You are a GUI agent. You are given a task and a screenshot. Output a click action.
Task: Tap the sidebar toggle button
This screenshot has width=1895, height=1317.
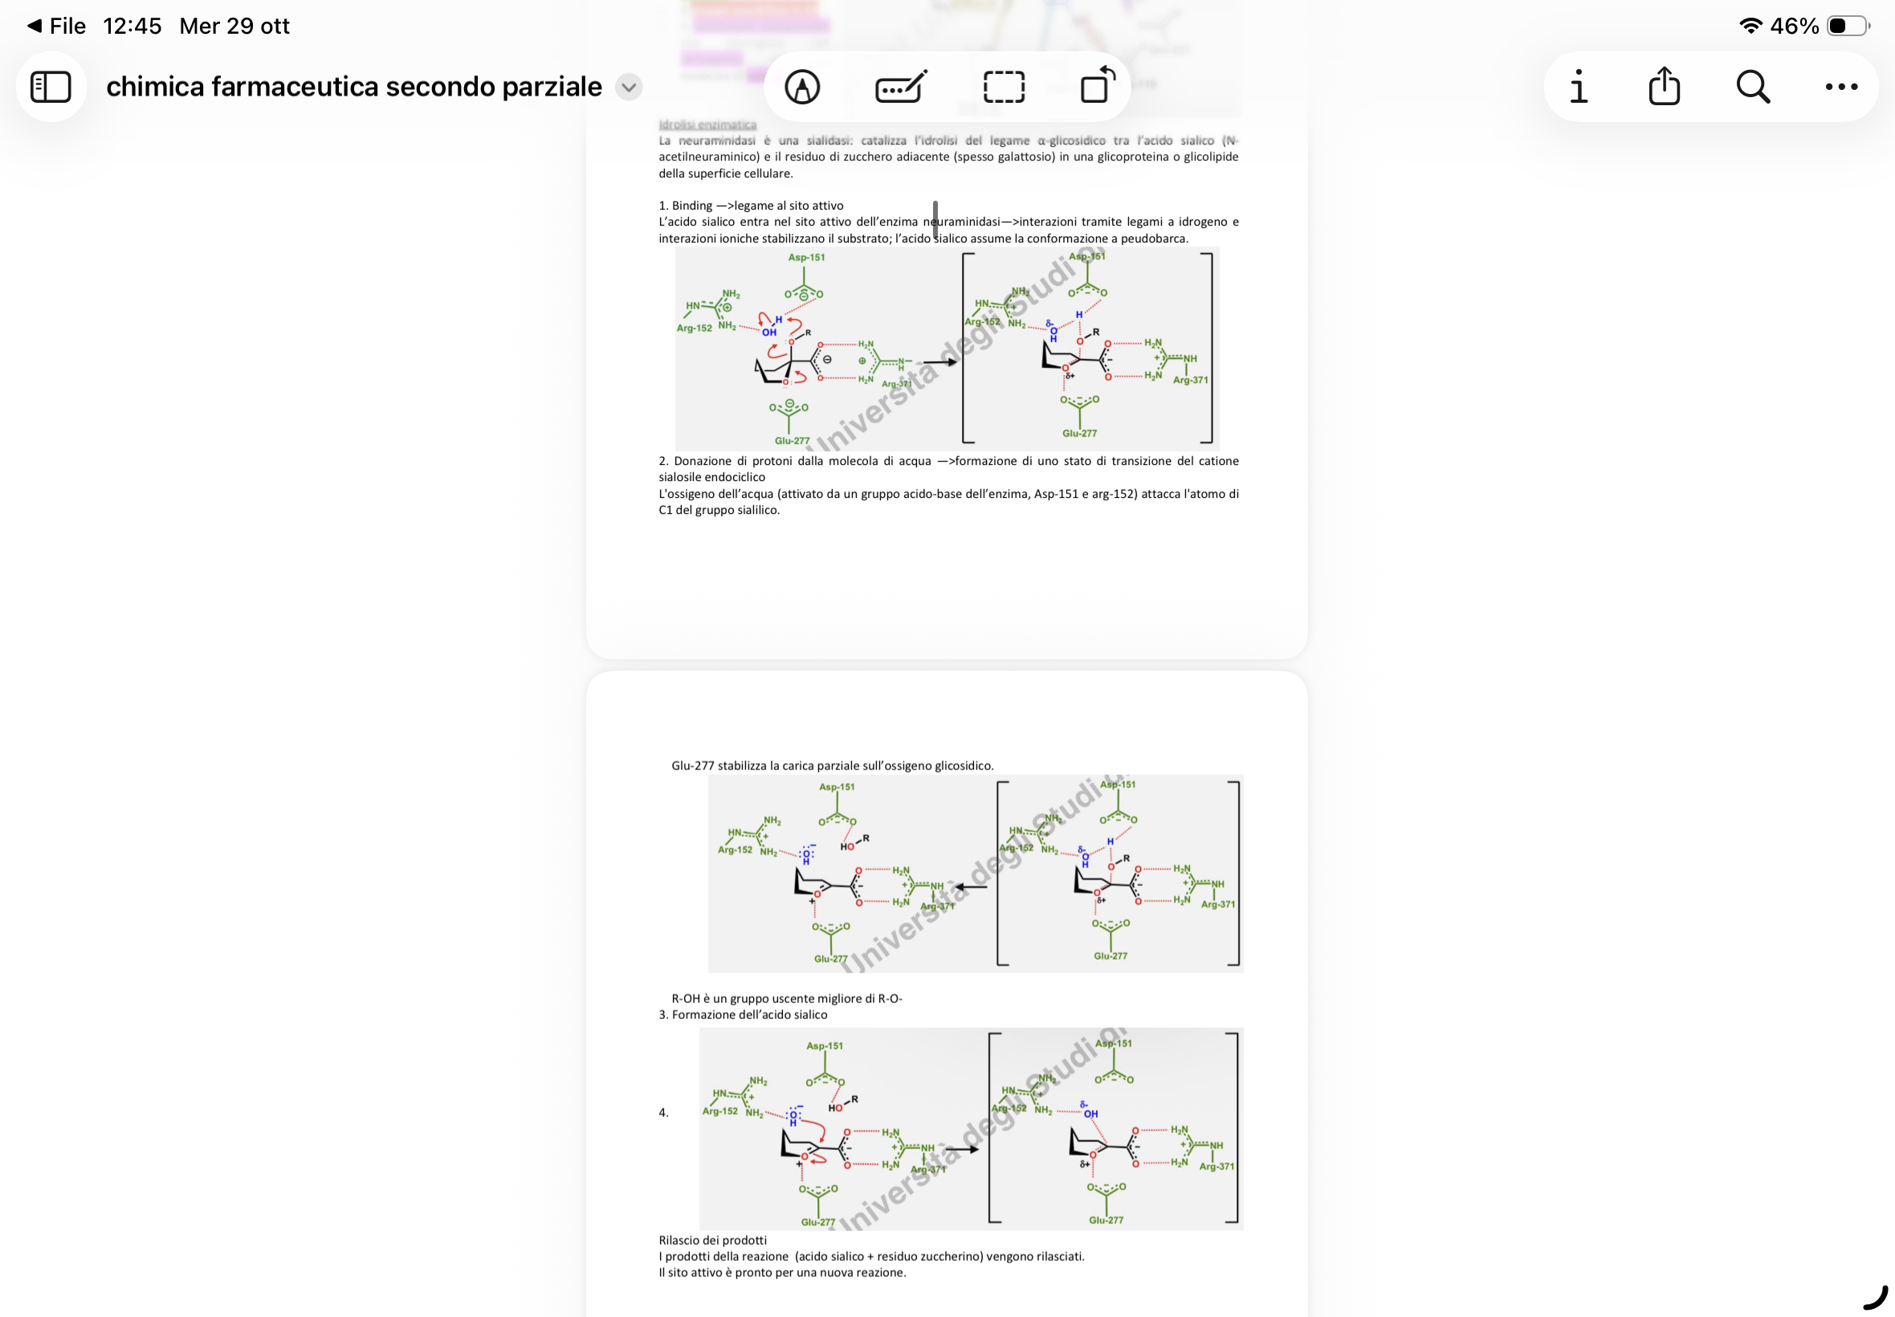click(51, 87)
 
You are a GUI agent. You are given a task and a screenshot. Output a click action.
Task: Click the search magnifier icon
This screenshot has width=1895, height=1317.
click(1752, 87)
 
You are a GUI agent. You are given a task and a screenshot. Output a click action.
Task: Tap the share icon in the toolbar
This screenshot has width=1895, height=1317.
click(1663, 87)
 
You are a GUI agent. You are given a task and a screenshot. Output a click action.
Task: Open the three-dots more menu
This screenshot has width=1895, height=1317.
click(1840, 87)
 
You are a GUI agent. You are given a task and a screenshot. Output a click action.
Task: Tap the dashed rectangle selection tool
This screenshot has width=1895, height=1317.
click(1004, 87)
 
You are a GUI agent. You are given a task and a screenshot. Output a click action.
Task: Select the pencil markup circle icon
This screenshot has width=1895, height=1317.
click(802, 87)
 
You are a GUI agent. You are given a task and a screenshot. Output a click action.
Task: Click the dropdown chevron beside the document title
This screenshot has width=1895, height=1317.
click(629, 87)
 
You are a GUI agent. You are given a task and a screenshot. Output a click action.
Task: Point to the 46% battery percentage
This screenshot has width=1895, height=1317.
click(1795, 27)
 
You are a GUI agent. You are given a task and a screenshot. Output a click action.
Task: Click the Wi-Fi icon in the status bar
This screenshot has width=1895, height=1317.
click(1750, 27)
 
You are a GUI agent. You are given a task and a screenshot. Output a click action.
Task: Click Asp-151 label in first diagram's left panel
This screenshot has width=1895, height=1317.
click(806, 258)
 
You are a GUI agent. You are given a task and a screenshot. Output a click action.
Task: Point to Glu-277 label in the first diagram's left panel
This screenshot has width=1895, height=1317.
click(792, 441)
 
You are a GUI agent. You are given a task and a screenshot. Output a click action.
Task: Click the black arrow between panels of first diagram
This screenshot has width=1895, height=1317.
click(939, 362)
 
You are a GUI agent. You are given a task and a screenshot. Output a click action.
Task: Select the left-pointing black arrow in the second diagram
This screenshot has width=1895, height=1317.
click(971, 887)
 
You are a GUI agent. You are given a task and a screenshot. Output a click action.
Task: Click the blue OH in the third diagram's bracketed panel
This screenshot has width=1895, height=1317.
click(1090, 1114)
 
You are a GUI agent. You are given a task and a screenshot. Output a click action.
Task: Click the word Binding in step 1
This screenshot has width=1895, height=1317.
click(691, 206)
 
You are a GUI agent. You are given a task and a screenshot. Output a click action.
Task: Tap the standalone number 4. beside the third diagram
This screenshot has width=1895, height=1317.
click(663, 1112)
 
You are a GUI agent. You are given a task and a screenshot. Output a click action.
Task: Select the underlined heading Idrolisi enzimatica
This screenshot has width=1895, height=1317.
click(707, 124)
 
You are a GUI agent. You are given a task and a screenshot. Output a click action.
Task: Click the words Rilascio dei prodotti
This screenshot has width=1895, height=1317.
click(713, 1239)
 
